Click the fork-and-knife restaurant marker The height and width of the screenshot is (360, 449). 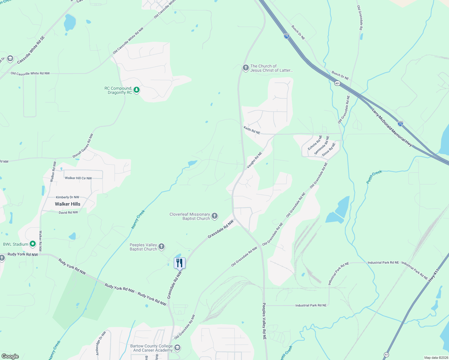179,263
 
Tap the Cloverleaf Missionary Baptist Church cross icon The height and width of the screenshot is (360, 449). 215,216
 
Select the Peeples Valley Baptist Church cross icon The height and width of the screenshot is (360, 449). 161,247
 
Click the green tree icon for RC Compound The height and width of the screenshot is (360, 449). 137,90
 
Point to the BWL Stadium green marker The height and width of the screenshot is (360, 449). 33,244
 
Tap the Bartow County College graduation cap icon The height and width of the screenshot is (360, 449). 177,348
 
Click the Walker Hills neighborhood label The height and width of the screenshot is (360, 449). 68,204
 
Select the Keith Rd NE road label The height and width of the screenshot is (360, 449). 252,130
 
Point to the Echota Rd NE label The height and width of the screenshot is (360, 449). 315,143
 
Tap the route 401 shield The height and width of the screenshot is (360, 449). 337,83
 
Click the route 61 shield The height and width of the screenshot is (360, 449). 386,355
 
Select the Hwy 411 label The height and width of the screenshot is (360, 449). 434,275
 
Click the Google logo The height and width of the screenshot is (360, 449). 10,356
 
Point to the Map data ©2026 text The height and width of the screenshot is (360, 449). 435,358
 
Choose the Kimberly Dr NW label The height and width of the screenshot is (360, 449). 68,197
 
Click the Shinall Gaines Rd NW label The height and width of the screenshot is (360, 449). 83,146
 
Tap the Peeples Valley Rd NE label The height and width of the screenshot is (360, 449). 264,321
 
